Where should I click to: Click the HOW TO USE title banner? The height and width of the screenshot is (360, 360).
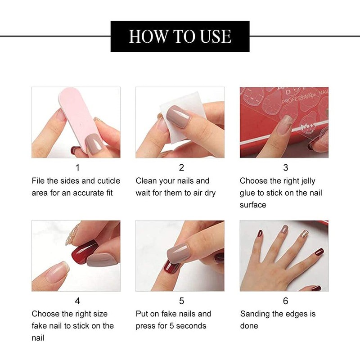180,36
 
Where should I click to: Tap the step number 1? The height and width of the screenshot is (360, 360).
77,168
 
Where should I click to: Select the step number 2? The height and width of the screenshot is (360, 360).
181,168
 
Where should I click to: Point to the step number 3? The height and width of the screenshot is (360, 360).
285,168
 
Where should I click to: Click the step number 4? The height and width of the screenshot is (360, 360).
77,301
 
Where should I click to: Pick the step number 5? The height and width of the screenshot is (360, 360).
181,301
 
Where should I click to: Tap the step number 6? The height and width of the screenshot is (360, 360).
285,301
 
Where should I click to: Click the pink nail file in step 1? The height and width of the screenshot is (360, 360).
74,112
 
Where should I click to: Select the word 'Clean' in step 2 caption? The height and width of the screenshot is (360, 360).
146,181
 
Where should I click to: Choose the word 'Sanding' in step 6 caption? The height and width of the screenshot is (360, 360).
255,314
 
